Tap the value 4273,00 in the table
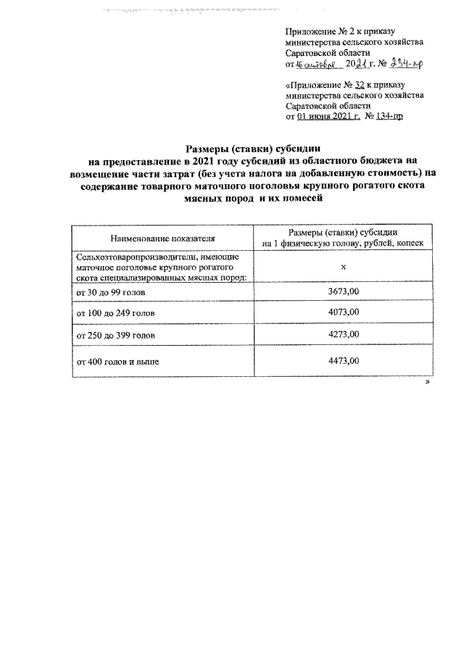point(344,336)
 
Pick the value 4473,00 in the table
point(344,360)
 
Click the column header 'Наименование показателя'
point(163,238)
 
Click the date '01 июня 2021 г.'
point(326,115)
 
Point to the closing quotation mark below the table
point(428,381)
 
